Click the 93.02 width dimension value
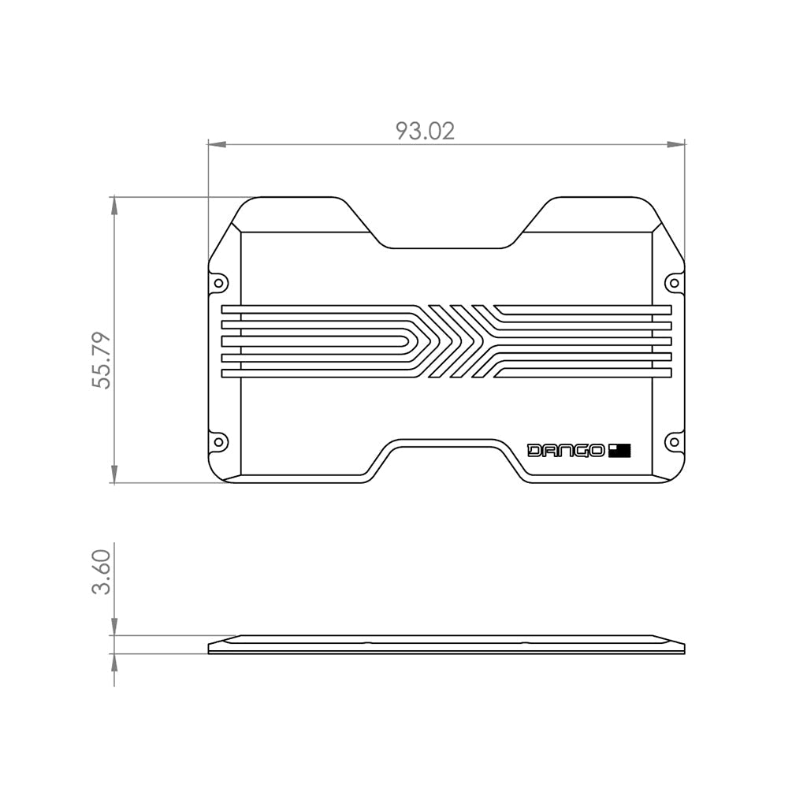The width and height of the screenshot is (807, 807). (425, 131)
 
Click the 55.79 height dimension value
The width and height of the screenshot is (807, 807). (102, 360)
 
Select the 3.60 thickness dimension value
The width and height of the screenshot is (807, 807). (102, 572)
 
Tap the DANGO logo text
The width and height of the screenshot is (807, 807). (566, 451)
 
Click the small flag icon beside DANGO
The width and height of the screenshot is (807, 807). (620, 451)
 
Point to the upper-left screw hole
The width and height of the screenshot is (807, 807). (218, 282)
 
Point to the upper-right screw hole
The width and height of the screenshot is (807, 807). (674, 282)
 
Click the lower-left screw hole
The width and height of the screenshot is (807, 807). (218, 441)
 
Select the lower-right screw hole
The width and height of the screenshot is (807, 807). (674, 441)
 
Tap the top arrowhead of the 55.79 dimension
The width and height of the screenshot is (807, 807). (114, 206)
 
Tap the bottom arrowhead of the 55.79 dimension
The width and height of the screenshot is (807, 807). (114, 474)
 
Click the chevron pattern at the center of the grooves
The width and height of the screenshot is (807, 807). (455, 341)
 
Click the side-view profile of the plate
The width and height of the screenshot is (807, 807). (446, 645)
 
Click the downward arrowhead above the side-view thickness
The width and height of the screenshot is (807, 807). (114, 627)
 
